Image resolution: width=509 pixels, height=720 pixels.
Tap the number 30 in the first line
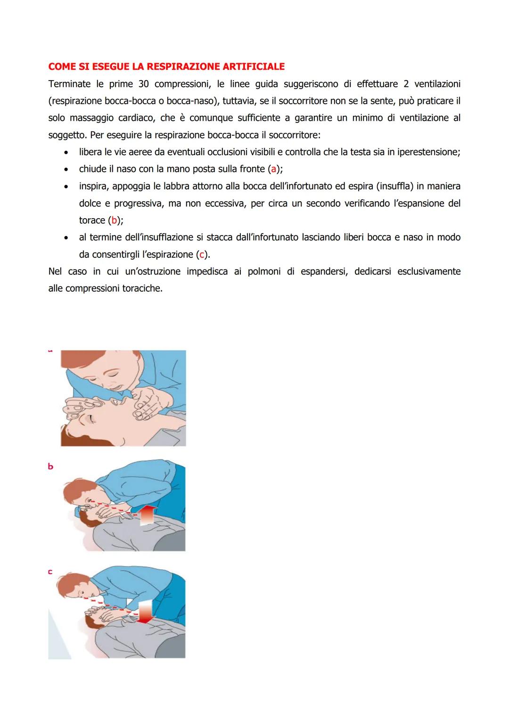144,84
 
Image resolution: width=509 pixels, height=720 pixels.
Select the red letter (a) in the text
273,169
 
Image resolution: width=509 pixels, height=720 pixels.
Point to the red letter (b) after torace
113,221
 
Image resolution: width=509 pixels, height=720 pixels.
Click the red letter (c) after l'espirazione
202,255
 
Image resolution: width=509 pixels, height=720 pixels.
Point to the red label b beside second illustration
50,466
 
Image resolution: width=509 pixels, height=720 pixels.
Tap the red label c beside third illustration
50,572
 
